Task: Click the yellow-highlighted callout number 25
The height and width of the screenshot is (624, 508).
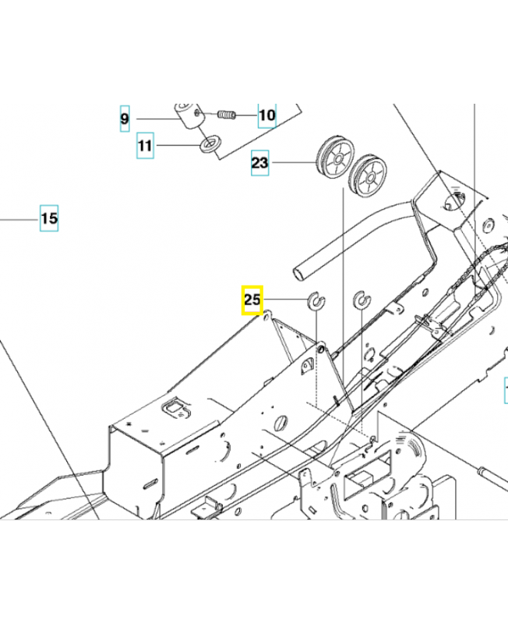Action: [x=252, y=300]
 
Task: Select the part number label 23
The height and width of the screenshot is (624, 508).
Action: [x=259, y=163]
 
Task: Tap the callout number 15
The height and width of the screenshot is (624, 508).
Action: [x=49, y=218]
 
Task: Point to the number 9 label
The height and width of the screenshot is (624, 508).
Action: [x=125, y=119]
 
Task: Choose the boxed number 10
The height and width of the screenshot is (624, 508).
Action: [x=266, y=116]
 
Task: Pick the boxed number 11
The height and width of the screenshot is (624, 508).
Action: [x=146, y=145]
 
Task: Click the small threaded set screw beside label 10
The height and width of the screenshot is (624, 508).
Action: [x=225, y=115]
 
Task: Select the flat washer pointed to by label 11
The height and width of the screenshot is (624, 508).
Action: [x=210, y=144]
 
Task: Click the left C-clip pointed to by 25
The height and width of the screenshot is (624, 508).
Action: [x=317, y=300]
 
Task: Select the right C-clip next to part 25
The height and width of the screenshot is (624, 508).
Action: [x=361, y=300]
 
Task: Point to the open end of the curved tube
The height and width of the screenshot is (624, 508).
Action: [x=302, y=272]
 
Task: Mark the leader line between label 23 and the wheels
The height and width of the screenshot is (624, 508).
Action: [x=292, y=163]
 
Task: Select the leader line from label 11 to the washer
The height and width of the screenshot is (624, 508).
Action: [x=178, y=145]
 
